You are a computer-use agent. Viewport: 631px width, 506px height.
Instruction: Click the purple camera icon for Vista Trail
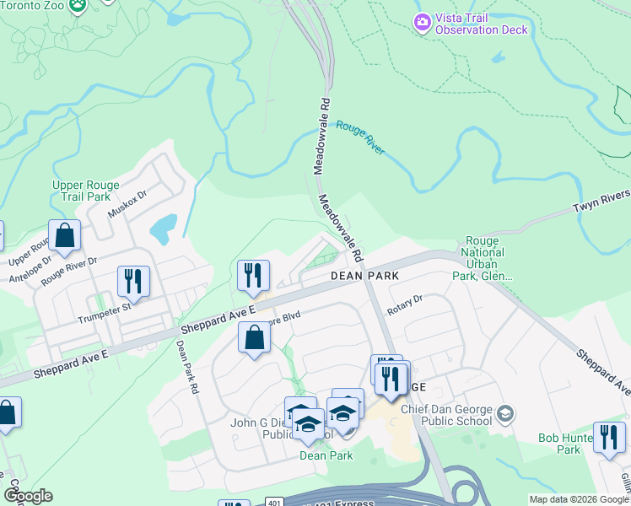pyautogui.click(x=422, y=20)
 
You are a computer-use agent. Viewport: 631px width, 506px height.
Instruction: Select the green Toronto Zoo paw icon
pyautogui.click(x=78, y=5)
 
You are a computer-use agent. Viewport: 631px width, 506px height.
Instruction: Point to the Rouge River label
pyautogui.click(x=360, y=137)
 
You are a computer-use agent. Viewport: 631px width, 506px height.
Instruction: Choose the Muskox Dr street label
pyautogui.click(x=127, y=204)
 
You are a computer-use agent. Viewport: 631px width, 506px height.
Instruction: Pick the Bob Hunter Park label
pyautogui.click(x=563, y=444)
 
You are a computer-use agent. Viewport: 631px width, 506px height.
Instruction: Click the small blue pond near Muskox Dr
pyautogui.click(x=162, y=226)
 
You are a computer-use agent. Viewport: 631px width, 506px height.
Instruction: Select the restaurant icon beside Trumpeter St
pyautogui.click(x=133, y=281)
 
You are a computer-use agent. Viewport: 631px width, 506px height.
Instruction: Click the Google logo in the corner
pyautogui.click(x=28, y=496)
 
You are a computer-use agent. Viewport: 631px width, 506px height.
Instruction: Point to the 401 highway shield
pyautogui.click(x=275, y=501)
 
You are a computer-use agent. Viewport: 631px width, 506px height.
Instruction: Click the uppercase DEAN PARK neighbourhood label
pyautogui.click(x=364, y=276)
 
